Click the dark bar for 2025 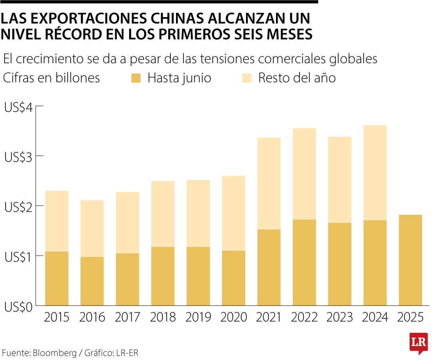(x=410, y=260)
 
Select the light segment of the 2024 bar (x=375, y=172)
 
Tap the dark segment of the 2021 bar (x=269, y=267)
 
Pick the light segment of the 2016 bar (x=92, y=228)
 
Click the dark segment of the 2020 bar (x=234, y=278)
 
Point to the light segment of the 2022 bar (x=304, y=174)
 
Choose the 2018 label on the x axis (x=163, y=318)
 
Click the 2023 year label (x=340, y=318)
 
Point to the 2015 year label (x=56, y=318)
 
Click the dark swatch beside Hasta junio (x=136, y=78)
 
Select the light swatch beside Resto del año (x=247, y=78)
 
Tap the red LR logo (x=418, y=343)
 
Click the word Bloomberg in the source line (x=55, y=353)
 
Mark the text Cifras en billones (x=51, y=78)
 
